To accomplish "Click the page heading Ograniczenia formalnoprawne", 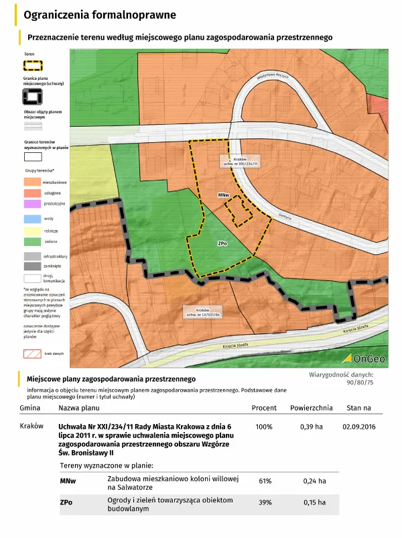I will pos(100,14).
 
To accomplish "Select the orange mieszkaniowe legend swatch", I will pos(32,182).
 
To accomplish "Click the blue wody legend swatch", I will pos(32,219).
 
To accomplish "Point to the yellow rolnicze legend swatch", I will pos(32,229).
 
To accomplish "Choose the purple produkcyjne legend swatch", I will pos(32,203).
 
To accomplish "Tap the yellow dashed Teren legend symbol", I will pos(33,66).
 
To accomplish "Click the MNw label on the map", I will pos(224,195).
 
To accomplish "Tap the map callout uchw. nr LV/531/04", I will pos(204,311).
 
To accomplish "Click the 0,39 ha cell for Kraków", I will pos(312,427).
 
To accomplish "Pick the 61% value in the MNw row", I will pos(265,481).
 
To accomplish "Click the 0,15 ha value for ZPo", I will pos(312,502).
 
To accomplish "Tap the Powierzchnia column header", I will pos(312,408).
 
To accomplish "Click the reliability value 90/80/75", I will pos(360,382).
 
